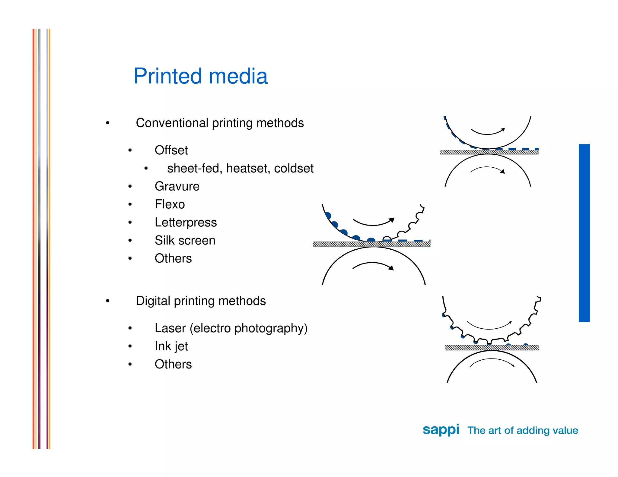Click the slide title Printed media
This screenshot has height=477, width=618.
click(200, 76)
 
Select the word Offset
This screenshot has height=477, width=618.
click(171, 150)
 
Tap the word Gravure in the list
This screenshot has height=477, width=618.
click(177, 186)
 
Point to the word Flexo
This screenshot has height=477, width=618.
click(170, 204)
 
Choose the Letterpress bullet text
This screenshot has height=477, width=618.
click(186, 223)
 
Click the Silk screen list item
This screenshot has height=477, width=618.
click(185, 241)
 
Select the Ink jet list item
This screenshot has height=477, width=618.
click(171, 346)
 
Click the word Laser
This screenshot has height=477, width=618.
click(170, 328)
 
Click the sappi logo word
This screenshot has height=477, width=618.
click(441, 430)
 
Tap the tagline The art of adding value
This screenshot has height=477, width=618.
click(523, 430)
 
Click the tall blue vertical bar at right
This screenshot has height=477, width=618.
click(584, 233)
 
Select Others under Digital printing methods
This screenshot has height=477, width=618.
click(173, 364)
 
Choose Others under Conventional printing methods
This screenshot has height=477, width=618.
click(173, 258)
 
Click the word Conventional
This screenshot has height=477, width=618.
click(172, 123)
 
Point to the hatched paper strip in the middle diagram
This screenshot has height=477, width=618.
click(372, 244)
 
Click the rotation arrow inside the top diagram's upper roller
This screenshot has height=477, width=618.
click(488, 132)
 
